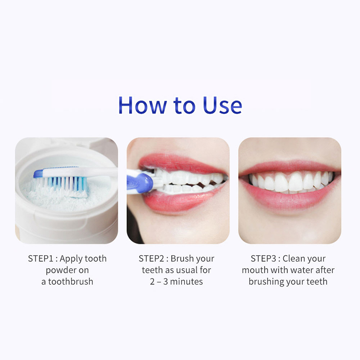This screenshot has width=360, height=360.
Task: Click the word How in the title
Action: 142,105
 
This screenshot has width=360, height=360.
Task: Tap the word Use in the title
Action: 222,105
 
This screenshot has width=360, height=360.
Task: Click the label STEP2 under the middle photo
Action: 151,259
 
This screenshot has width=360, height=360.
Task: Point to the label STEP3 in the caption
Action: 263,259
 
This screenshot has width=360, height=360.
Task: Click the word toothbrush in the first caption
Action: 71,282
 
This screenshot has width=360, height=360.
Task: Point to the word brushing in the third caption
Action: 266,282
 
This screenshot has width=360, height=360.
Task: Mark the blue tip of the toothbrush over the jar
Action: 38,174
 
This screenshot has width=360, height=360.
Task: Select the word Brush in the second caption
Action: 181,259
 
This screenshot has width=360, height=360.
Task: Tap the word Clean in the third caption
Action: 293,259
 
